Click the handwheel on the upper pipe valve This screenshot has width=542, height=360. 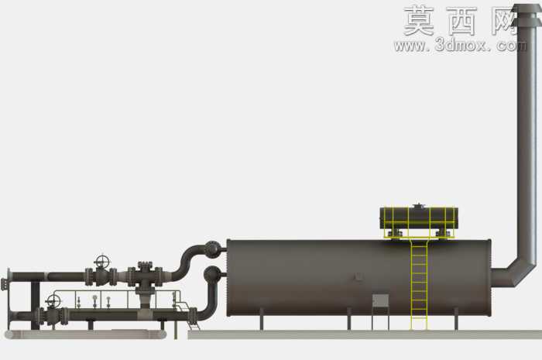(x=103, y=261)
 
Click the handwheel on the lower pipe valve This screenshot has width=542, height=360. (x=53, y=300)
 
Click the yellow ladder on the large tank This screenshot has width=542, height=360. (x=419, y=284)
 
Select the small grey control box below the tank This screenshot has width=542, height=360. (x=380, y=300)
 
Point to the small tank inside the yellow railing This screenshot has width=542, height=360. (x=419, y=218)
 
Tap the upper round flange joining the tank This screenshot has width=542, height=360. (x=212, y=249)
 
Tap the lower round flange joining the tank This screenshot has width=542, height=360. (x=211, y=274)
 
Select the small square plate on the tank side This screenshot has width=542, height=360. (x=358, y=276)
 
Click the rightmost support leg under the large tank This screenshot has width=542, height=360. (x=456, y=320)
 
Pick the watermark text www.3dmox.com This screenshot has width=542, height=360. (x=461, y=45)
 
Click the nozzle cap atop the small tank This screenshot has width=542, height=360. (x=418, y=206)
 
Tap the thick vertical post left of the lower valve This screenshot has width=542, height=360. (x=36, y=305)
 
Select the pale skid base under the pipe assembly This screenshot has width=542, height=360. (x=86, y=334)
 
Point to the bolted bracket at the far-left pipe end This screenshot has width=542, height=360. (x=4, y=284)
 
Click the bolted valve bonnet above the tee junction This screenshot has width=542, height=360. (x=145, y=267)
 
